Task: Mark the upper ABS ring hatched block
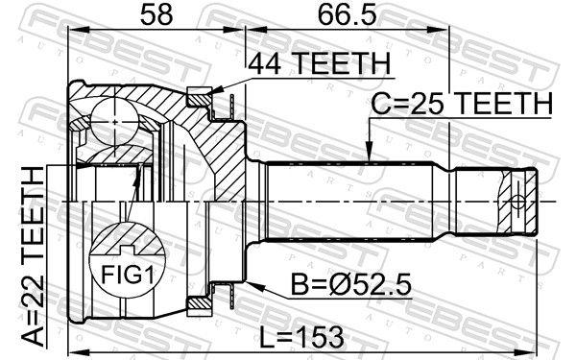point(199,97)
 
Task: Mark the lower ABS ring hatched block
point(199,304)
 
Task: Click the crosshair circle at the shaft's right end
point(518,202)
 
